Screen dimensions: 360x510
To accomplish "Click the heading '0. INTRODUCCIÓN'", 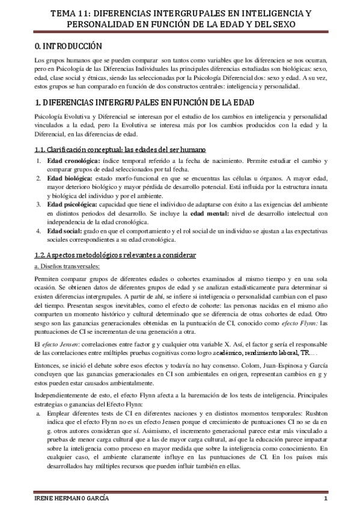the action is point(68,46).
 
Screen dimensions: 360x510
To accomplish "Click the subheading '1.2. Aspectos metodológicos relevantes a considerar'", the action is point(115,256).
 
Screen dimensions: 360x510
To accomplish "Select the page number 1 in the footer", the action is point(325,500).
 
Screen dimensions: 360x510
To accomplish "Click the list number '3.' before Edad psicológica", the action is point(38,204).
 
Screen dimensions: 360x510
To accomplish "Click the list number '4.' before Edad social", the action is point(38,230).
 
